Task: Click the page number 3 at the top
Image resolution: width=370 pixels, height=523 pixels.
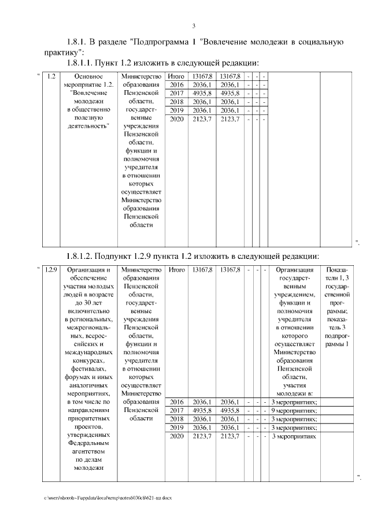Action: (x=194, y=25)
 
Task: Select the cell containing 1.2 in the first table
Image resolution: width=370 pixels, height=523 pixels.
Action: (x=51, y=76)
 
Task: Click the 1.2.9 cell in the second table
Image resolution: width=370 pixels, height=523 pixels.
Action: (x=51, y=269)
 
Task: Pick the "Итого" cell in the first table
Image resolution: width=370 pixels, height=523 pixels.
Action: (x=176, y=76)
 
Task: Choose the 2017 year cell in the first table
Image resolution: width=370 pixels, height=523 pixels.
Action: (x=176, y=93)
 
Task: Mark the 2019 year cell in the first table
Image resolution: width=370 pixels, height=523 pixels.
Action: (x=176, y=110)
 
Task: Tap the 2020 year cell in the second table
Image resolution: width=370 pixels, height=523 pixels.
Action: (x=176, y=436)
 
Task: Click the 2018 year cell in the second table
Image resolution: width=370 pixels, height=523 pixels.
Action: (x=176, y=419)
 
